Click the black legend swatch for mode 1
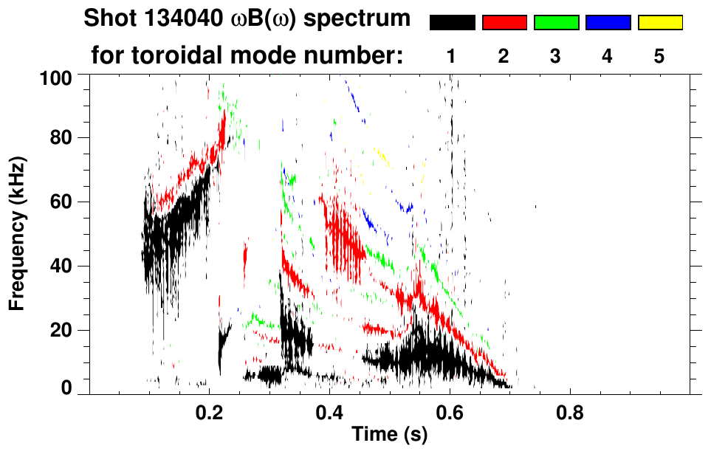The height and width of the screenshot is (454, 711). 453,23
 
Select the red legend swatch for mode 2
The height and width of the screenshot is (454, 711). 504,23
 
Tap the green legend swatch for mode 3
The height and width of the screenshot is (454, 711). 556,23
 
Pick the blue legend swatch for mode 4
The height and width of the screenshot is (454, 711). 608,23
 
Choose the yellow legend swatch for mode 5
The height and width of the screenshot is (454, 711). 660,23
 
